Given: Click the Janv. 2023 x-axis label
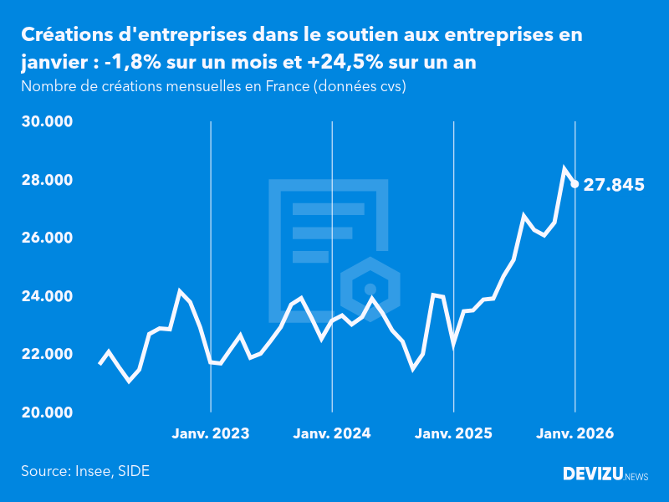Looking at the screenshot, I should pyautogui.click(x=211, y=434).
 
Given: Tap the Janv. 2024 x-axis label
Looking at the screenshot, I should pyautogui.click(x=332, y=434).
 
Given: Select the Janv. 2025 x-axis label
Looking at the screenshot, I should pyautogui.click(x=453, y=434).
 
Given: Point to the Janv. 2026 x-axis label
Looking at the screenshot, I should pyautogui.click(x=575, y=434).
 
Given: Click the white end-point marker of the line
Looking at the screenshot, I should pyautogui.click(x=575, y=184).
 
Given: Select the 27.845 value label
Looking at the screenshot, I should pyautogui.click(x=614, y=185).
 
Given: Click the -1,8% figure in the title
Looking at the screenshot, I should pyautogui.click(x=135, y=64).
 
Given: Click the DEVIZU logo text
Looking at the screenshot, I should pyautogui.click(x=593, y=474).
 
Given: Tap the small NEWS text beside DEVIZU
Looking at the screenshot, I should pyautogui.click(x=636, y=477).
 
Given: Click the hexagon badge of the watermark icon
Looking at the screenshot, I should pyautogui.click(x=370, y=289).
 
